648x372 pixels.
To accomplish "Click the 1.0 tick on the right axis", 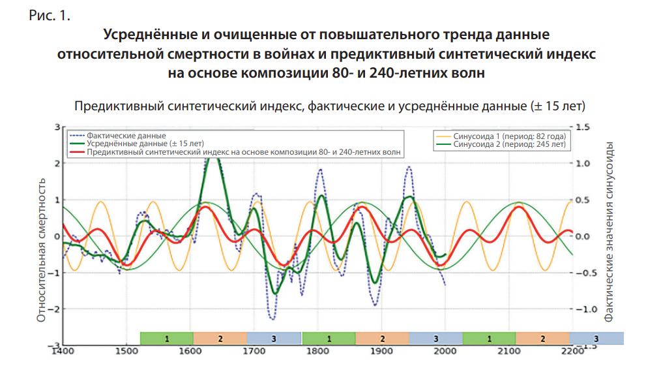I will coord(583,163).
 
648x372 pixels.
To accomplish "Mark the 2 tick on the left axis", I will coord(57,163).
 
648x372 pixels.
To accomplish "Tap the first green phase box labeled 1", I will coord(167,339).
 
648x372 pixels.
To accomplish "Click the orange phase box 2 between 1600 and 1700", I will coord(220,339).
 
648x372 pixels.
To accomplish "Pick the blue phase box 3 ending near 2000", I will coord(435,339).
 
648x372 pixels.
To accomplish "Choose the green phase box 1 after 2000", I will coord(489,339).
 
